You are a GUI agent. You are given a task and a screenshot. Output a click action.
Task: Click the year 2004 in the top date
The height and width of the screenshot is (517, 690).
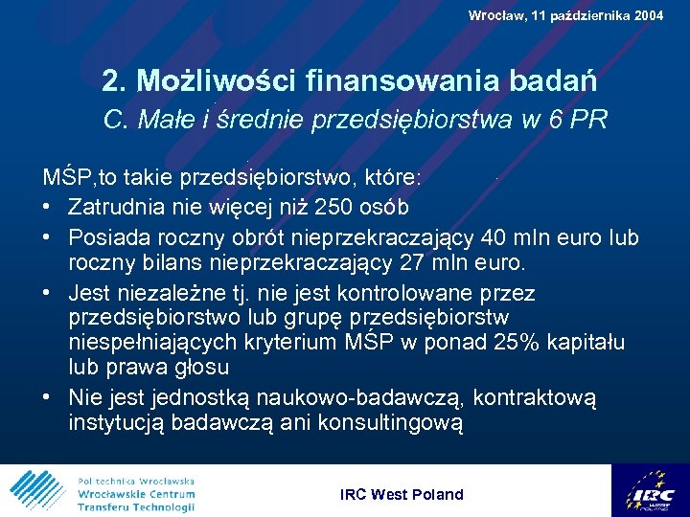tap(646, 15)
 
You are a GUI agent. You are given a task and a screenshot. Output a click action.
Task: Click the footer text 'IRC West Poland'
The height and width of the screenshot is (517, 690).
tap(402, 494)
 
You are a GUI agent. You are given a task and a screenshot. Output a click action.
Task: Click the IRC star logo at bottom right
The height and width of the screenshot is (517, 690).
tap(652, 490)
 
